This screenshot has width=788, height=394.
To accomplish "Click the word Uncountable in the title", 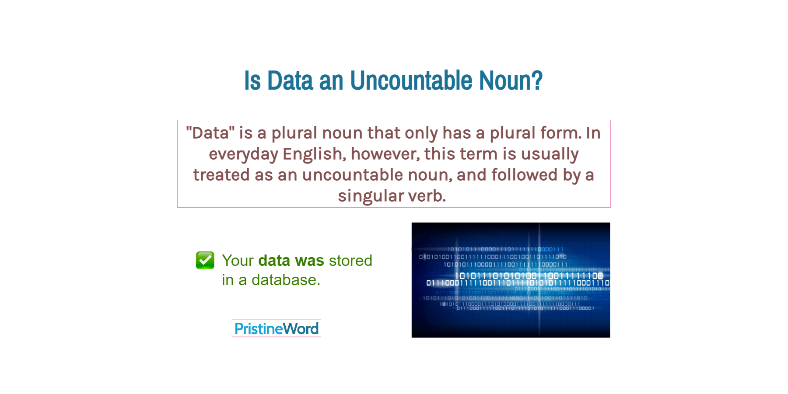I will pyautogui.click(x=411, y=81).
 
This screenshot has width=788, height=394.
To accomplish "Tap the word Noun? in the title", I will pyautogui.click(x=511, y=81).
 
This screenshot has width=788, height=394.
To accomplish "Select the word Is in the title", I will pyautogui.click(x=252, y=81).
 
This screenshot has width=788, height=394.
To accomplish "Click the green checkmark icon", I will pyautogui.click(x=205, y=260).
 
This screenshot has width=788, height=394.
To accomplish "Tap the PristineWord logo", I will pyautogui.click(x=277, y=328).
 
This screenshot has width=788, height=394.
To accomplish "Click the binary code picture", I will pyautogui.click(x=511, y=280).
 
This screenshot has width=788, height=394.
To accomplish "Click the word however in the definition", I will pyautogui.click(x=385, y=154).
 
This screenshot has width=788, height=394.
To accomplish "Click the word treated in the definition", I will pyautogui.click(x=221, y=175).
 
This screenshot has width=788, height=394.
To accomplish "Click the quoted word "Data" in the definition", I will pyautogui.click(x=210, y=133).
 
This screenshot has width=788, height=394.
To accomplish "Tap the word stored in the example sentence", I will pyautogui.click(x=350, y=261).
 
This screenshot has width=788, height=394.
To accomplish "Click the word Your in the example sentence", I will pyautogui.click(x=238, y=261).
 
